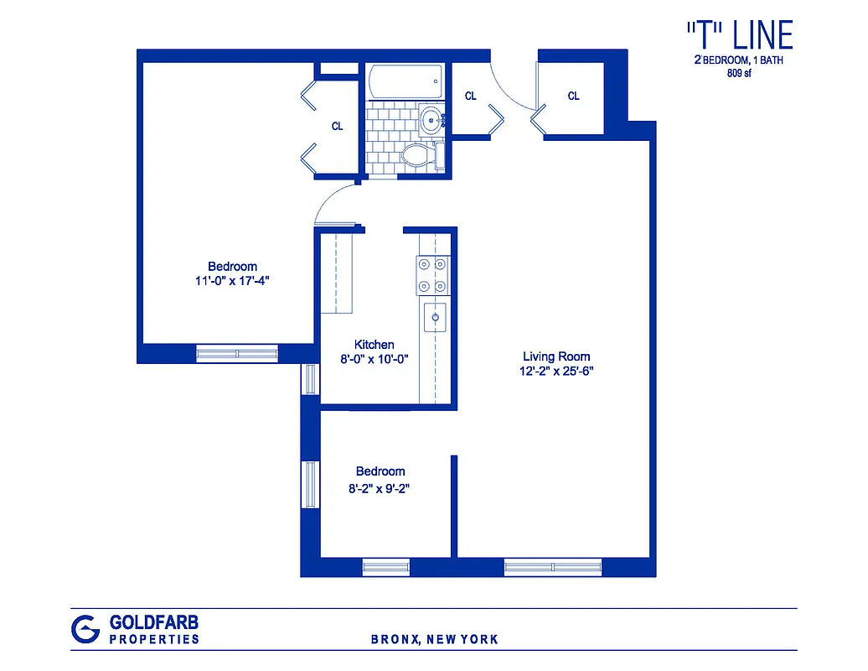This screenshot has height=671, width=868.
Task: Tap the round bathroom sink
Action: coord(431,120)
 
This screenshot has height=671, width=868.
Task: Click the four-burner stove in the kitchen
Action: coord(433,274)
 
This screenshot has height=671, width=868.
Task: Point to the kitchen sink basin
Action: coord(435,317)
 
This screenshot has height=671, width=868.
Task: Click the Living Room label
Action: coord(556,356)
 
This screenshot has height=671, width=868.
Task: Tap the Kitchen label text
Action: coord(374,345)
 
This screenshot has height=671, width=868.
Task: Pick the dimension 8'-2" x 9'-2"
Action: coord(380,486)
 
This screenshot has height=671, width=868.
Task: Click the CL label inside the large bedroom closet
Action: coord(337,127)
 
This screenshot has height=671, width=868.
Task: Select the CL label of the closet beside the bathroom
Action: coord(471,96)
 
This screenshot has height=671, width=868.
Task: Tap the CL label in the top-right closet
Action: coord(573,96)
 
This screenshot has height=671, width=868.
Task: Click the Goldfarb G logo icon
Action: coord(85,628)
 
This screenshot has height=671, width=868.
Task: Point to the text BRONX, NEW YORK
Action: coord(435,639)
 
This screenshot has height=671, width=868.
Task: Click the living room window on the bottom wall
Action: coord(553,568)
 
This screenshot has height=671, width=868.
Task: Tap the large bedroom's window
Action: coord(237,354)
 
